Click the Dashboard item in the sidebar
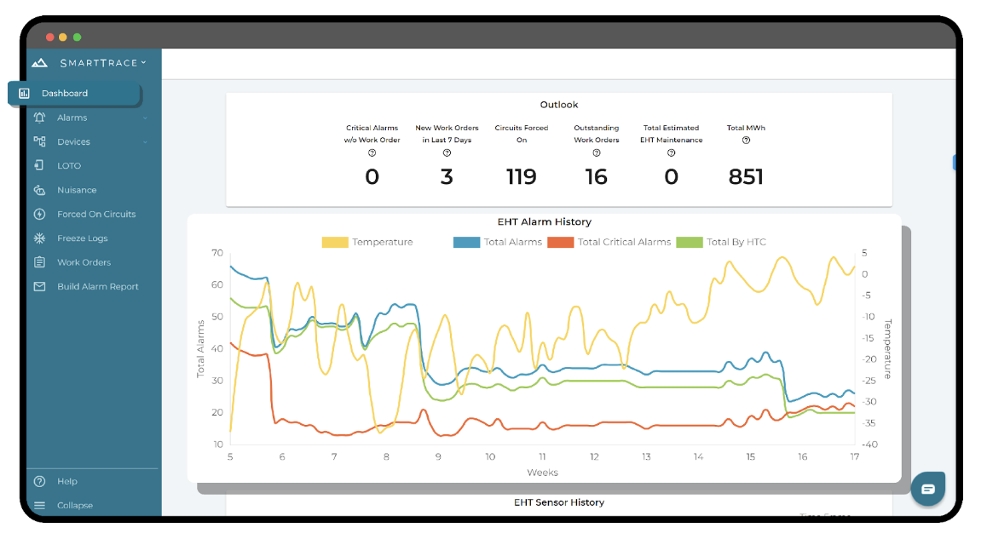[65, 94]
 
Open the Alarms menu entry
[72, 118]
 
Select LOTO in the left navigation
[69, 166]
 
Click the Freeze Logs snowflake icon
[39, 238]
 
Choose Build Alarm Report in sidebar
[97, 287]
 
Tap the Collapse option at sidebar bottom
[75, 505]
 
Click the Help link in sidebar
[67, 481]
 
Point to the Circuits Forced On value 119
[521, 177]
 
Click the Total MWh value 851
[746, 177]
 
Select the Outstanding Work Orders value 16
[596, 177]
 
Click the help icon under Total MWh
[746, 141]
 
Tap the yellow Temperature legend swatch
[335, 243]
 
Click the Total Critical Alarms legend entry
[624, 243]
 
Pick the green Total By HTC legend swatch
[689, 243]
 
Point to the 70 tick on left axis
[217, 253]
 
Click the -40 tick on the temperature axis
[869, 445]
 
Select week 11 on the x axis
[542, 457]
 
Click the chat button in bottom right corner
[927, 489]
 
